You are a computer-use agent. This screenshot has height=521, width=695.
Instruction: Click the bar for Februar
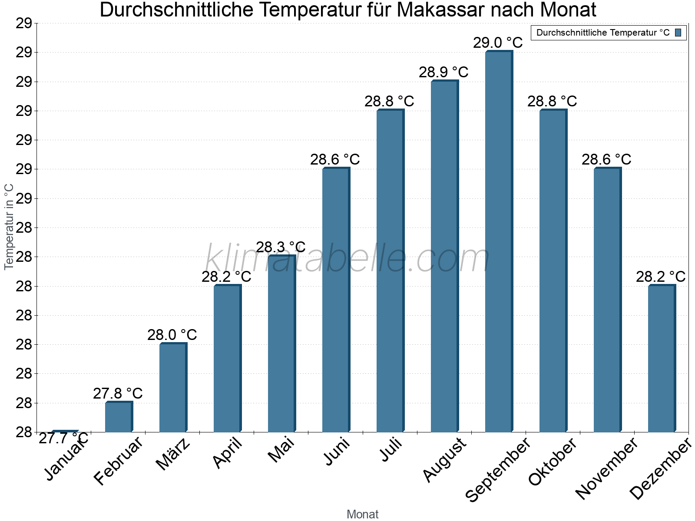tap(119, 417)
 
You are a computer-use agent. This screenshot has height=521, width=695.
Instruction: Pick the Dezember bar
tap(662, 359)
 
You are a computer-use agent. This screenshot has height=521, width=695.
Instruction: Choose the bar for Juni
tap(336, 300)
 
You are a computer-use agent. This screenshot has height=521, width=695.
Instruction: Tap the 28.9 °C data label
tap(443, 73)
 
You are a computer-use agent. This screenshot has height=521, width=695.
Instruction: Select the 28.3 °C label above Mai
tap(281, 247)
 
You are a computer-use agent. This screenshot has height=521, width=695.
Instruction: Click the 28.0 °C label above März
tap(172, 335)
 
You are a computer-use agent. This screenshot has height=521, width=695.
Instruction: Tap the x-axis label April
tap(228, 454)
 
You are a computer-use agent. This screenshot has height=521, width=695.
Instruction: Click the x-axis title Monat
tap(362, 514)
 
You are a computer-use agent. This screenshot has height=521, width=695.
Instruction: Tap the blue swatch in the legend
tap(678, 33)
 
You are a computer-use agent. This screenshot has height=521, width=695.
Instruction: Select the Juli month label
tap(391, 449)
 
